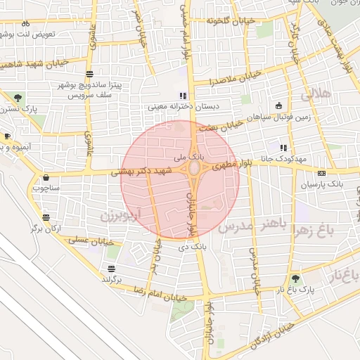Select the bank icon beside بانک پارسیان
(x=322, y=173)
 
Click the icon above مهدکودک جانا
(x=283, y=148)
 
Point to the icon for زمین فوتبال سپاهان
(x=279, y=106)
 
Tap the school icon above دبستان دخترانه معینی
(x=183, y=96)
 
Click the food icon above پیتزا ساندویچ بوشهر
(x=89, y=74)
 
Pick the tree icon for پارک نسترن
(x=17, y=98)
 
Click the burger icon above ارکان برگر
(x=46, y=217)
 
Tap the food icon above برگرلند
(x=111, y=269)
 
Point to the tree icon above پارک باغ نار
(x=295, y=278)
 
